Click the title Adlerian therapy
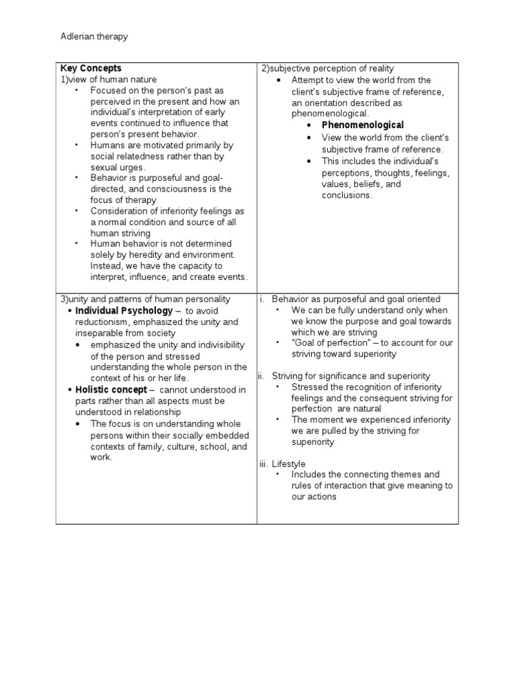click(94, 37)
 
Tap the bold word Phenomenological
click(363, 125)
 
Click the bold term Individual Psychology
click(124, 311)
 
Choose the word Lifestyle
click(288, 464)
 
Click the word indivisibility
click(201, 344)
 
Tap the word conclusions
click(346, 195)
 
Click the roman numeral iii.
click(264, 464)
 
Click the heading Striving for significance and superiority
click(351, 376)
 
